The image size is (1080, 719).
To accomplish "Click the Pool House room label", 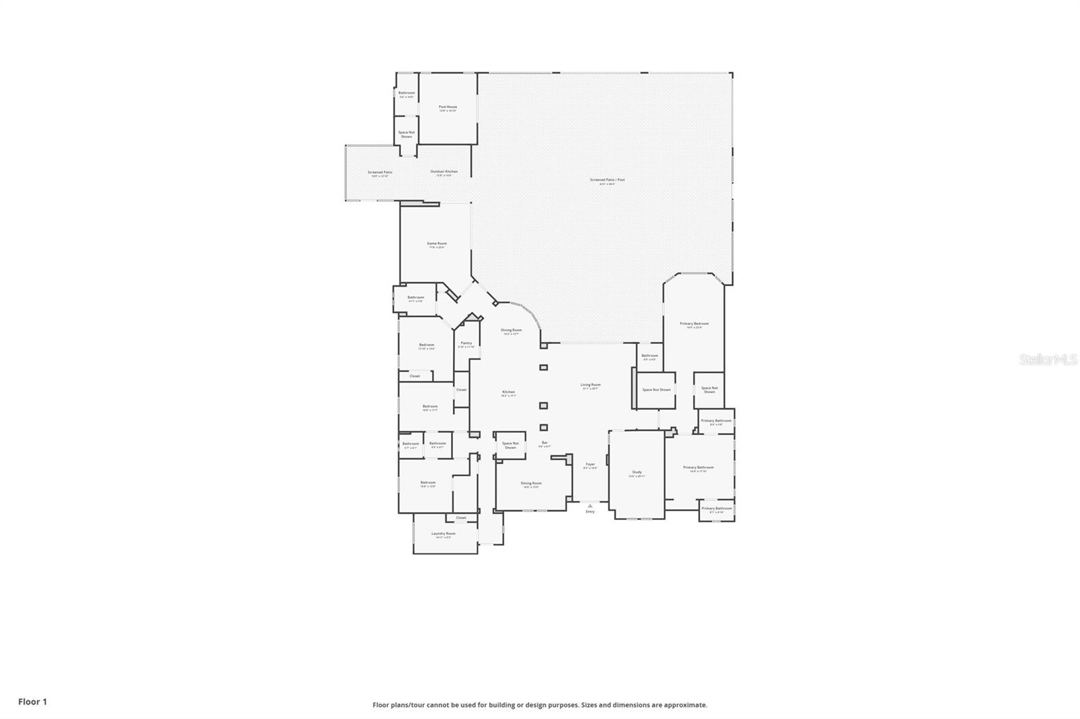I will [448, 107].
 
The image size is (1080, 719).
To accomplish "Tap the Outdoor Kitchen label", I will [444, 172].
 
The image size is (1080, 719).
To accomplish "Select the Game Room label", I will [437, 244].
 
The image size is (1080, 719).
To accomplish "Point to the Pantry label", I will [466, 343].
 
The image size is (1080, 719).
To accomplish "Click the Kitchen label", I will [508, 393].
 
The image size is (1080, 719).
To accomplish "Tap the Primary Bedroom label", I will [694, 324].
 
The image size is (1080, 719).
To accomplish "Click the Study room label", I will [637, 473].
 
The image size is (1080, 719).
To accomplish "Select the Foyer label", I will [590, 465].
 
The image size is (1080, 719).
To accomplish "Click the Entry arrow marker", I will [590, 505].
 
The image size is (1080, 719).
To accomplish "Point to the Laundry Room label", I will [443, 534].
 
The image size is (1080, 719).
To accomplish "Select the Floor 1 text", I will [32, 701].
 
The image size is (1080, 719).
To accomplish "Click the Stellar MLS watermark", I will [1048, 360].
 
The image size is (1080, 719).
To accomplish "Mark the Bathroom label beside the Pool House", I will [406, 94].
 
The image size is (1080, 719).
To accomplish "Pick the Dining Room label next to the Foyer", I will [531, 484].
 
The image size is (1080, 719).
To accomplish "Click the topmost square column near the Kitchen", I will [543, 368].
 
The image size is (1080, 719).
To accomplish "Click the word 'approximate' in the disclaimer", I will [687, 705].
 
